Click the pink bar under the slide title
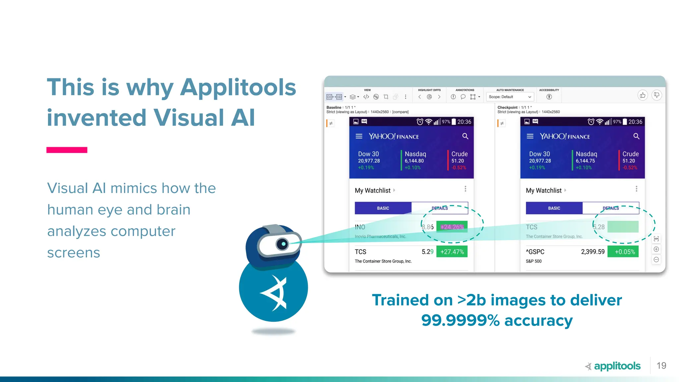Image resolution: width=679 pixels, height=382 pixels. [x=67, y=150]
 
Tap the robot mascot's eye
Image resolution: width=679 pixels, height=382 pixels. [x=283, y=244]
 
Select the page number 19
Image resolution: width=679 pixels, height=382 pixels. [x=661, y=365]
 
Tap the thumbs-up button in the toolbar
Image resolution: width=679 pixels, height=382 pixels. [x=643, y=95]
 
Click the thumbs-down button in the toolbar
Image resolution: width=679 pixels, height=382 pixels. [x=656, y=95]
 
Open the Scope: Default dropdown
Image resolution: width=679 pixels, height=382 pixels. [x=510, y=97]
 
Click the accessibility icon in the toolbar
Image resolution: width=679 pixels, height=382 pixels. [x=549, y=97]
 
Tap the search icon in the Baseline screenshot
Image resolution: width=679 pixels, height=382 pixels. [x=465, y=136]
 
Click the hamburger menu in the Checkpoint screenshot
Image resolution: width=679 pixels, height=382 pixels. [x=530, y=136]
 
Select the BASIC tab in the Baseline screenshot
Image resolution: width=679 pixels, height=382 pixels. [x=383, y=208]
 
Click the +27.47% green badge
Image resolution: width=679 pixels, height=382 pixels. [x=452, y=252]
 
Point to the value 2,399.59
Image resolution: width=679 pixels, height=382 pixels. [x=592, y=252]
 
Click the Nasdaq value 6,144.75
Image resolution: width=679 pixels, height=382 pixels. [x=585, y=161]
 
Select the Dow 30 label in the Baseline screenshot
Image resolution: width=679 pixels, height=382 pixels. [x=368, y=154]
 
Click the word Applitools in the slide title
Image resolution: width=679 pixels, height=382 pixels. [x=238, y=87]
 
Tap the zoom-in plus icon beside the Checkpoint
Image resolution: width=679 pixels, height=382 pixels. [x=656, y=249]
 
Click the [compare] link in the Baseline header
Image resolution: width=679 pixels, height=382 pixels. [x=400, y=112]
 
